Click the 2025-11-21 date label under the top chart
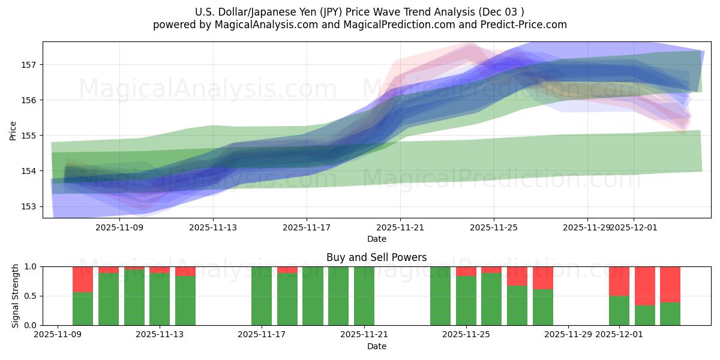(400, 228)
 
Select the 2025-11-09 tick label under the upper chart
(119, 228)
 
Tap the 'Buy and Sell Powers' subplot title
(376, 257)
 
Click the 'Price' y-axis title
(13, 130)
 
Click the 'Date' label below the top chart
(376, 239)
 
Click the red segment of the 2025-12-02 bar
(644, 286)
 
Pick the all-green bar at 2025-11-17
(262, 296)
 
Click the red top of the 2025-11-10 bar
(83, 279)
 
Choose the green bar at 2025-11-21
(364, 296)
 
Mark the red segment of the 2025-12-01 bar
(619, 281)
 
